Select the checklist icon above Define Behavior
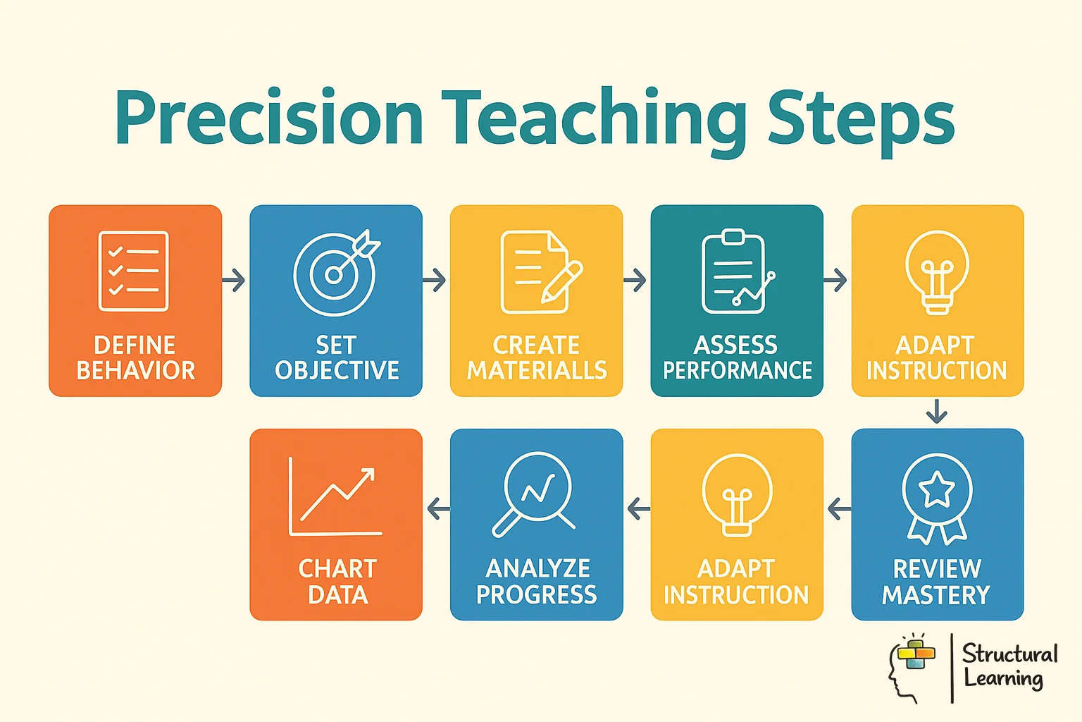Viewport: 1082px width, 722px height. tap(134, 271)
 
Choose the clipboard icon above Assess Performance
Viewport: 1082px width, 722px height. tap(734, 272)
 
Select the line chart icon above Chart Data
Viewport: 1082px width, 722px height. tap(335, 496)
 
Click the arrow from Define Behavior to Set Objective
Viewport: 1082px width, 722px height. tap(235, 281)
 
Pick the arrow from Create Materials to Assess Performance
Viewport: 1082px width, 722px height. tap(635, 281)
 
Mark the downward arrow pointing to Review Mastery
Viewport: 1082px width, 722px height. tap(936, 411)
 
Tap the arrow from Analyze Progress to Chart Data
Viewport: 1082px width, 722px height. tap(438, 508)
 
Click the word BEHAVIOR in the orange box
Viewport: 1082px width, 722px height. tap(135, 371)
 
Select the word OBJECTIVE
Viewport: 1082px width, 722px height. tap(337, 371)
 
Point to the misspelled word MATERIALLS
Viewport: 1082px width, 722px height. tap(537, 371)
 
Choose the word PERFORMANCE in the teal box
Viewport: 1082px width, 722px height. tap(738, 371)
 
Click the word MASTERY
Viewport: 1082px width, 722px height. tap(936, 595)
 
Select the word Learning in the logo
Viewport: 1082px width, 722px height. tap(1003, 680)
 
